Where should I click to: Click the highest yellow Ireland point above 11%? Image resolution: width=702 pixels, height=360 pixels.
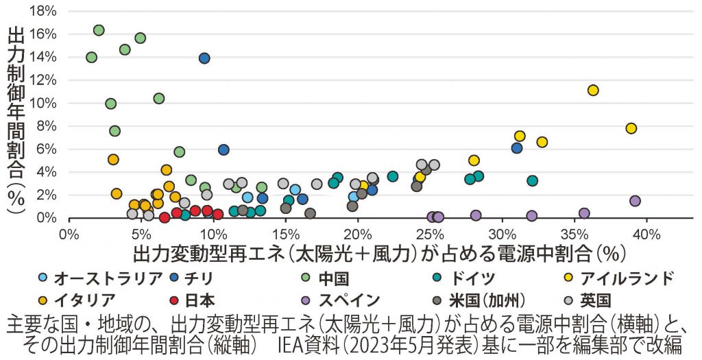(593, 91)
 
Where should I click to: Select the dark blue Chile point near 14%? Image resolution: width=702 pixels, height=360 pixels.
(204, 58)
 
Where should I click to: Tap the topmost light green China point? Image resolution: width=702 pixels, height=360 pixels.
(99, 30)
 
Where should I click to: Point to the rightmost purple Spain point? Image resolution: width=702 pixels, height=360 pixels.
(635, 201)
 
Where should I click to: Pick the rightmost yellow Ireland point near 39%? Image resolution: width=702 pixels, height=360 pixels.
(631, 128)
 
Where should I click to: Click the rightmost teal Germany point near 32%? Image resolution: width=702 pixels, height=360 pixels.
(532, 181)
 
